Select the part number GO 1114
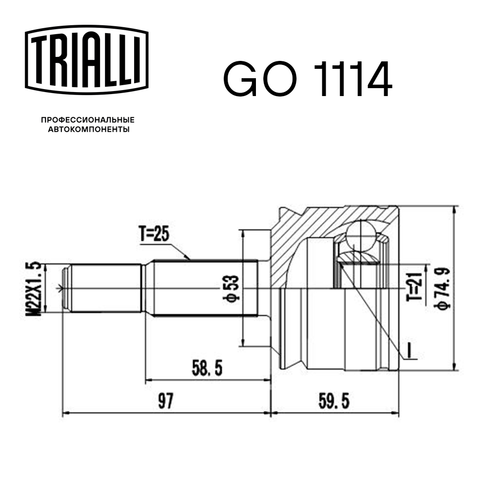coord(307,79)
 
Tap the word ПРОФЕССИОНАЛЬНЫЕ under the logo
coord(88,120)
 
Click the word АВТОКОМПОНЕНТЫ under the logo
coord(88,130)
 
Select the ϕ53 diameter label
coord(233,288)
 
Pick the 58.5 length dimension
coord(206,368)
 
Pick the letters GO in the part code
coord(256,79)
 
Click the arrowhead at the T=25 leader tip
coord(189,258)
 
